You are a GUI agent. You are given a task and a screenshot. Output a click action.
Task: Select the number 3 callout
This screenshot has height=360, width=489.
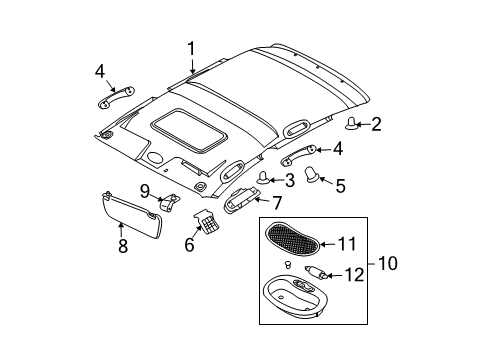point(288,180)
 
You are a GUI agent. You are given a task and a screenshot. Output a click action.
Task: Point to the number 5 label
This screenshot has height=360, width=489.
point(340,184)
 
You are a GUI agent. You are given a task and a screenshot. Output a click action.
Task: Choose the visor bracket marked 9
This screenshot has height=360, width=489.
point(172,202)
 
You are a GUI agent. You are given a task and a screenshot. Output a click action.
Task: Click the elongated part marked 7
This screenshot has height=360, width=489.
point(240,202)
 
